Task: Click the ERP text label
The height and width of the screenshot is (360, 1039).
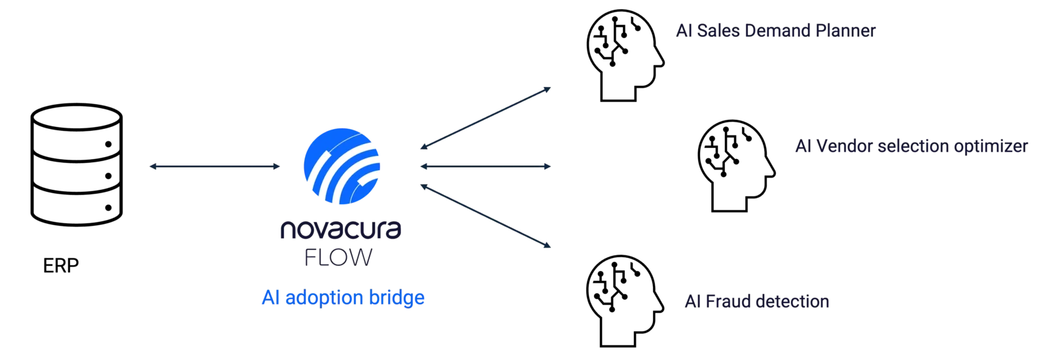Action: pyautogui.click(x=61, y=266)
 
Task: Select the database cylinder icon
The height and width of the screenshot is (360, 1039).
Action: pyautogui.click(x=77, y=165)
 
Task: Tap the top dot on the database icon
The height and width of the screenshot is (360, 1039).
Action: pyautogui.click(x=108, y=144)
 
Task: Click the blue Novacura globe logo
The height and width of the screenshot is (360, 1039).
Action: pyautogui.click(x=342, y=166)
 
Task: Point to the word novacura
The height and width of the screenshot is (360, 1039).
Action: pyautogui.click(x=341, y=230)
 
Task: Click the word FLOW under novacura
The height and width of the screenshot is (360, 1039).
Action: pyautogui.click(x=339, y=257)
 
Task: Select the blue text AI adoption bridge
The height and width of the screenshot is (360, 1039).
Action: pyautogui.click(x=343, y=297)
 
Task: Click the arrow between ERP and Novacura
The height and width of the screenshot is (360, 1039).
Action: pyautogui.click(x=215, y=166)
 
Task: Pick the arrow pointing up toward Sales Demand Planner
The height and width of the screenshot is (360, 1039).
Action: pyautogui.click(x=485, y=118)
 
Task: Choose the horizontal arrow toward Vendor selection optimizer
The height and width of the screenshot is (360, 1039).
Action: pyautogui.click(x=485, y=166)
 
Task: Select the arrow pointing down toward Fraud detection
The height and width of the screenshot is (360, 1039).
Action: pyautogui.click(x=485, y=216)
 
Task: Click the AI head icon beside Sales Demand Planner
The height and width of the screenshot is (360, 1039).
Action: pyautogui.click(x=625, y=55)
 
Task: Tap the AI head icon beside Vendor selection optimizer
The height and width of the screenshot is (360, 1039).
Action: pyautogui.click(x=736, y=166)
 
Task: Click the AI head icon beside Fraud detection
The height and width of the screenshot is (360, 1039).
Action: pyautogui.click(x=625, y=300)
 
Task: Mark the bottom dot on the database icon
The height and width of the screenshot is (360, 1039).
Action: pyautogui.click(x=108, y=207)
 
